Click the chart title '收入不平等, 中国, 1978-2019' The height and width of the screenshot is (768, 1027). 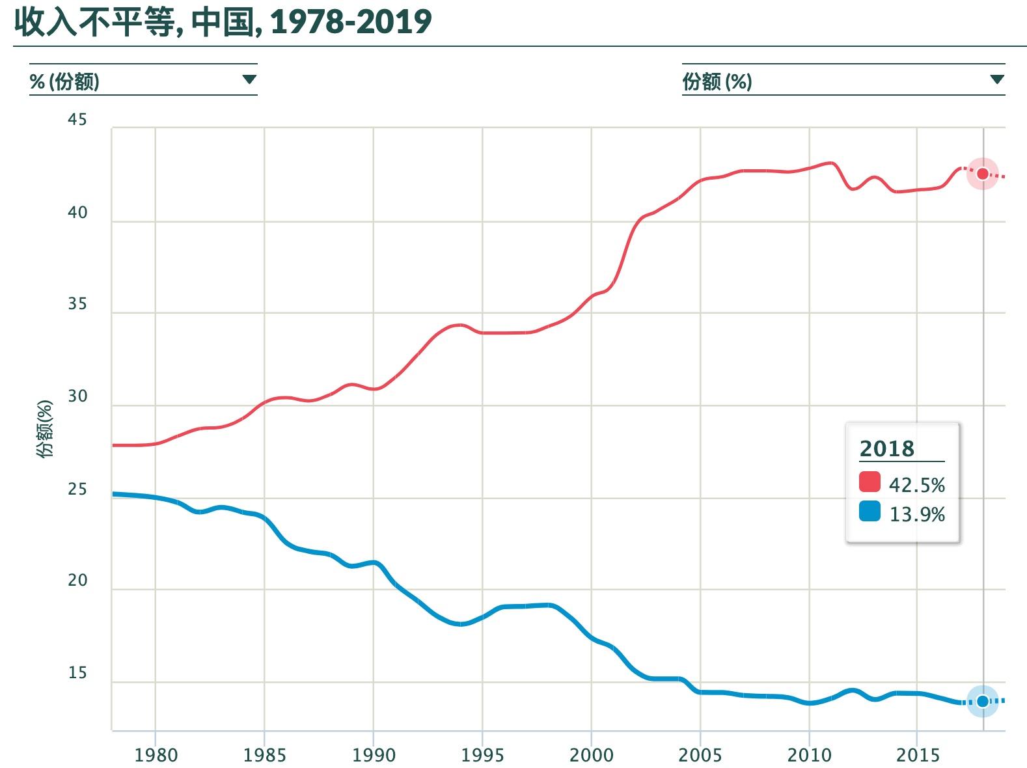coord(223,22)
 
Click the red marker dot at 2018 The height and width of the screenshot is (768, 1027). coord(982,174)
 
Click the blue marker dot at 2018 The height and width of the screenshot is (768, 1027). coord(982,701)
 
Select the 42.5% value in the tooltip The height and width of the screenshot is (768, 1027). coord(916,485)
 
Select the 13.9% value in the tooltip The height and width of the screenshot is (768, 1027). coord(916,514)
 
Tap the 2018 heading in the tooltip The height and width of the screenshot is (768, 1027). coord(886,448)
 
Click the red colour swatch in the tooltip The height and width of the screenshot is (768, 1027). coord(870,482)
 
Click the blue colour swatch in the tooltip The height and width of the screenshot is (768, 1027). coord(870,512)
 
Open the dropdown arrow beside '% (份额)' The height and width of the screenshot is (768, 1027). coord(249,80)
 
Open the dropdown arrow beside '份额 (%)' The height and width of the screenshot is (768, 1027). coord(996,80)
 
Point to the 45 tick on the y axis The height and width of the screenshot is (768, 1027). coord(77,120)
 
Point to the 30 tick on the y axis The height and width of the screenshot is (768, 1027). coord(77,396)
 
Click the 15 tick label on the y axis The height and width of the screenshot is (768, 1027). coord(77,673)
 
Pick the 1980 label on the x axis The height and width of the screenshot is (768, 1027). coord(156,755)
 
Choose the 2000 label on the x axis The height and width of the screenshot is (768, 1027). coord(591,755)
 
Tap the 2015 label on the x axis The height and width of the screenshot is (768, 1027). coord(918,755)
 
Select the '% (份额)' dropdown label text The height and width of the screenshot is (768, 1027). coord(64,82)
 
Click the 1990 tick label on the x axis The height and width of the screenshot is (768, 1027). coord(374,755)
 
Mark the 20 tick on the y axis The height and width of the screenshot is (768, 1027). coord(77,581)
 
